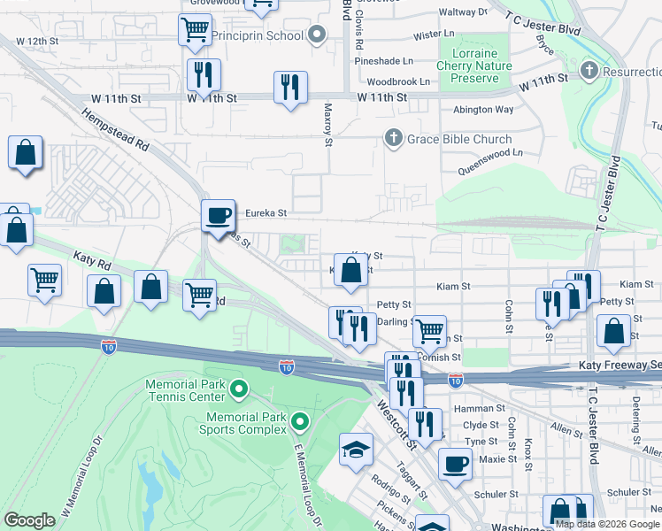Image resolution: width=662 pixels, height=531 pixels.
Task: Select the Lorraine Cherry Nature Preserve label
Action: (x=474, y=66)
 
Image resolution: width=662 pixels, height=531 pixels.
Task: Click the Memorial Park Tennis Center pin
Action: (x=238, y=388)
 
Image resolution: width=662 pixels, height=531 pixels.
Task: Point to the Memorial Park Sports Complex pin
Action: (x=300, y=422)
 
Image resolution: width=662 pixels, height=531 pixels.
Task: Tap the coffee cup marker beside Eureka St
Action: (x=218, y=215)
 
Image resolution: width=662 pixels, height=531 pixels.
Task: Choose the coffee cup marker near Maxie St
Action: (x=456, y=464)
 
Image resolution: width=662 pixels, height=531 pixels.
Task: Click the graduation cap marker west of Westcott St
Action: (x=356, y=450)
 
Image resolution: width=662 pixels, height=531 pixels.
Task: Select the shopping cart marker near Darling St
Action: (x=429, y=331)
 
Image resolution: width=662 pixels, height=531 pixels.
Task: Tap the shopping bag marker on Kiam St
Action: (x=350, y=271)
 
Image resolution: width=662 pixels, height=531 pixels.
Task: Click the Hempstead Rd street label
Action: (x=115, y=129)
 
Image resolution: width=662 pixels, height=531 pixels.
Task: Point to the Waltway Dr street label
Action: (x=464, y=12)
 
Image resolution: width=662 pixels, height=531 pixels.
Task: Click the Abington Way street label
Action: (x=483, y=110)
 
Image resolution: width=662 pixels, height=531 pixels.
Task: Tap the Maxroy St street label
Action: (x=327, y=124)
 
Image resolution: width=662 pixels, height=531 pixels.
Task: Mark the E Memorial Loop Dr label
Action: (x=304, y=483)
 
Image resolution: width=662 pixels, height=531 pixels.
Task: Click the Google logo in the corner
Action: (x=29, y=520)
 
